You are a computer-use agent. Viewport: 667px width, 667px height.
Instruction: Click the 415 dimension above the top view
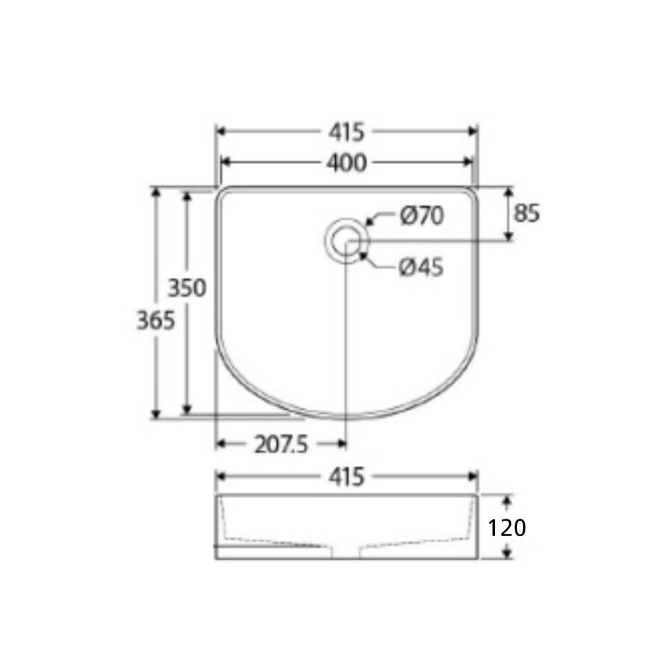click(346, 133)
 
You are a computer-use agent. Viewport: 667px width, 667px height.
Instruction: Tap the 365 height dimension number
click(156, 320)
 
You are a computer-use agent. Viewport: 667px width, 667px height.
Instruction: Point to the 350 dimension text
click(187, 288)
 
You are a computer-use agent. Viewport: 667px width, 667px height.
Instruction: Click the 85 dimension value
click(526, 214)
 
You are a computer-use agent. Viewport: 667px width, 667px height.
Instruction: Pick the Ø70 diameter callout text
click(421, 217)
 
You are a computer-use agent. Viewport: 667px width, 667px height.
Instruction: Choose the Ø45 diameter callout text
click(421, 268)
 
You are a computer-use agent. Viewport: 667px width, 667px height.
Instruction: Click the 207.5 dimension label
click(281, 445)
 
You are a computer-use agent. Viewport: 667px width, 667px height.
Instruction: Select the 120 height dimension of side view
click(506, 528)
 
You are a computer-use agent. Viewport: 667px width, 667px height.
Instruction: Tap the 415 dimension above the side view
click(346, 477)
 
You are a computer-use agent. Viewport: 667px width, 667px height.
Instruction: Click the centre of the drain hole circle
click(346, 241)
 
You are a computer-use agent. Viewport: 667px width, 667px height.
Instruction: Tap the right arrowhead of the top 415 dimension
click(473, 131)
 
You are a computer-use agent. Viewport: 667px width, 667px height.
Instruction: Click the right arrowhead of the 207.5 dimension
click(342, 444)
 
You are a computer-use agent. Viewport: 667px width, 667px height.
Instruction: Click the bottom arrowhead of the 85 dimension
click(508, 236)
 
